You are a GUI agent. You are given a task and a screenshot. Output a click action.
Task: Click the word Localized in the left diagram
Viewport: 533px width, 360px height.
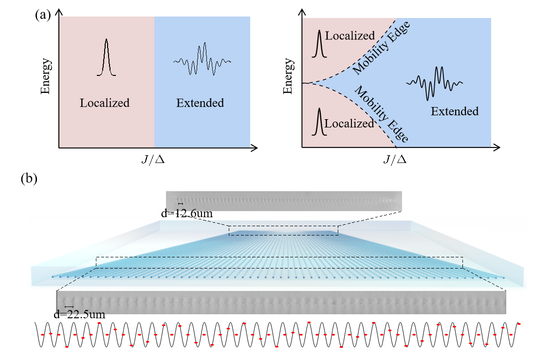point(105,103)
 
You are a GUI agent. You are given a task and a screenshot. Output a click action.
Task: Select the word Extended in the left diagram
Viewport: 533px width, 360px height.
point(200,103)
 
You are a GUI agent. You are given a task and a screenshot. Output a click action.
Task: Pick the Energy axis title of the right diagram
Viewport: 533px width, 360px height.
point(289,76)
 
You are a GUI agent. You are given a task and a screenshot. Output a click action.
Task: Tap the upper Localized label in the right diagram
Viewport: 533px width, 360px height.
point(350,36)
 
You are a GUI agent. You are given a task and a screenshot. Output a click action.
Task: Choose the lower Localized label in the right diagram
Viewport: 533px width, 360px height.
point(349,124)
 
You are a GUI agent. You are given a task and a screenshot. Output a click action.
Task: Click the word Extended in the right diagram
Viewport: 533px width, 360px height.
point(455,111)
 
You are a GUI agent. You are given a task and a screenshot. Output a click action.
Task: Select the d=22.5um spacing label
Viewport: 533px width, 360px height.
point(79,314)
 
